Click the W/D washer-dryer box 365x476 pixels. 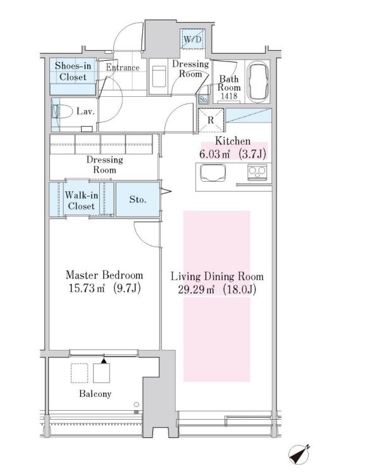[x=192, y=39]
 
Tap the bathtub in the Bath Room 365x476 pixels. [x=258, y=81]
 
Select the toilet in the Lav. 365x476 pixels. [x=62, y=111]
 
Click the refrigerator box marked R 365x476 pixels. [x=211, y=120]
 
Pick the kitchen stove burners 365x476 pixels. [x=257, y=172]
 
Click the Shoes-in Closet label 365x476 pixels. [x=73, y=71]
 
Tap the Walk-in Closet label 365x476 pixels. [x=82, y=201]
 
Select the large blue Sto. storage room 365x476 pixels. [x=138, y=199]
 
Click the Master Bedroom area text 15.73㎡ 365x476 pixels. [x=87, y=288]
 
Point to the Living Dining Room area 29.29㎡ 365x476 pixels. [x=196, y=289]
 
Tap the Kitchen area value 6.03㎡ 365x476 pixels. [x=214, y=154]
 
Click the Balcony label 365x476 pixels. [x=95, y=394]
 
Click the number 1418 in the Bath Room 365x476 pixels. [x=229, y=96]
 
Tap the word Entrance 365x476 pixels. [x=123, y=67]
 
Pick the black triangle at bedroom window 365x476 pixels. [x=104, y=361]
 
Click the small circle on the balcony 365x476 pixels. [x=137, y=404]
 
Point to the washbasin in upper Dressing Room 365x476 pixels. [x=159, y=76]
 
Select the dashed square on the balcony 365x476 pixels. [x=80, y=373]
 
